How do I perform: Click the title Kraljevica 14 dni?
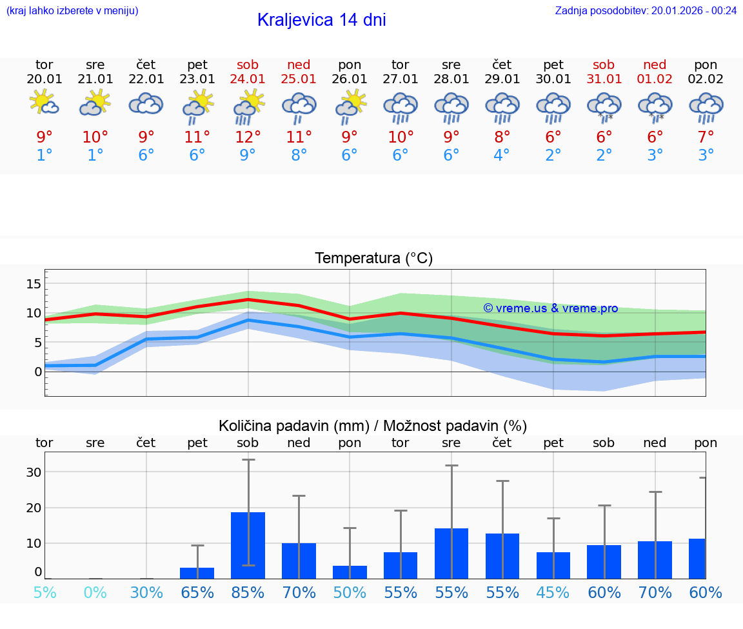[x=321, y=20]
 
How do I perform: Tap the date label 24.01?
[x=248, y=79]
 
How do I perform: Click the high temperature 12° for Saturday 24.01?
[x=248, y=137]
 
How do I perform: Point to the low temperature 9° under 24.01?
[x=248, y=155]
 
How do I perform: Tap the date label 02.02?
[x=706, y=79]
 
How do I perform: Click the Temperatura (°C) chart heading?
[x=373, y=259]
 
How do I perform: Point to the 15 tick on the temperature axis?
[x=34, y=284]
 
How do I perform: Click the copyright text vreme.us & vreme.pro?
[x=550, y=308]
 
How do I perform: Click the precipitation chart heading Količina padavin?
[x=373, y=426]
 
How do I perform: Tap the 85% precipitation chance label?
[x=248, y=593]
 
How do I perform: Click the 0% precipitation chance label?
[x=95, y=593]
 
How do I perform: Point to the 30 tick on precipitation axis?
[x=34, y=472]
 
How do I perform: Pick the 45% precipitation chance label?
[x=553, y=593]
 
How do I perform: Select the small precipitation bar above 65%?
[x=197, y=573]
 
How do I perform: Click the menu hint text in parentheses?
[x=72, y=10]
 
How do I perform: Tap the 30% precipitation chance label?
[x=146, y=593]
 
